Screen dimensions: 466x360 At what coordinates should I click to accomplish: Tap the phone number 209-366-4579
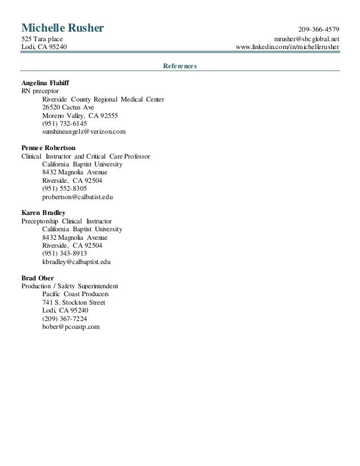(x=319, y=29)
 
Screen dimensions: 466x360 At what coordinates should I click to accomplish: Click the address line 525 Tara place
(x=42, y=38)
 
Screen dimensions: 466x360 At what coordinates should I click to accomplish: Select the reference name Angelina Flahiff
(x=46, y=82)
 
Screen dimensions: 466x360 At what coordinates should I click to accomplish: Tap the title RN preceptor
(x=39, y=90)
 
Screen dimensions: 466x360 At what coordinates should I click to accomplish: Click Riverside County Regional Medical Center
(x=103, y=99)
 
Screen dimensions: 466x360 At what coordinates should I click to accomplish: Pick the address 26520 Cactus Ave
(x=68, y=107)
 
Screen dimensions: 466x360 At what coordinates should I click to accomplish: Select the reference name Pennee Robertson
(x=49, y=148)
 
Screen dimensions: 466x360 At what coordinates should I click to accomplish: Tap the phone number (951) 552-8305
(x=64, y=189)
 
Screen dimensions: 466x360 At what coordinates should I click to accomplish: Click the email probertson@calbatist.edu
(x=78, y=197)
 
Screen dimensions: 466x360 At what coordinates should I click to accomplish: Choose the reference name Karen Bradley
(x=43, y=213)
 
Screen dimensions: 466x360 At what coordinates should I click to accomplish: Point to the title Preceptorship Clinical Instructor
(x=67, y=222)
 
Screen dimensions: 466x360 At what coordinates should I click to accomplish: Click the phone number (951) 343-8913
(x=64, y=254)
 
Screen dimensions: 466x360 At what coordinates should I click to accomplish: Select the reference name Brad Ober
(x=38, y=278)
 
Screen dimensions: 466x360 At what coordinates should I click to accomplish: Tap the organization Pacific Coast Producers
(x=76, y=294)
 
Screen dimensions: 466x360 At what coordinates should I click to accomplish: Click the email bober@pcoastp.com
(x=71, y=327)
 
